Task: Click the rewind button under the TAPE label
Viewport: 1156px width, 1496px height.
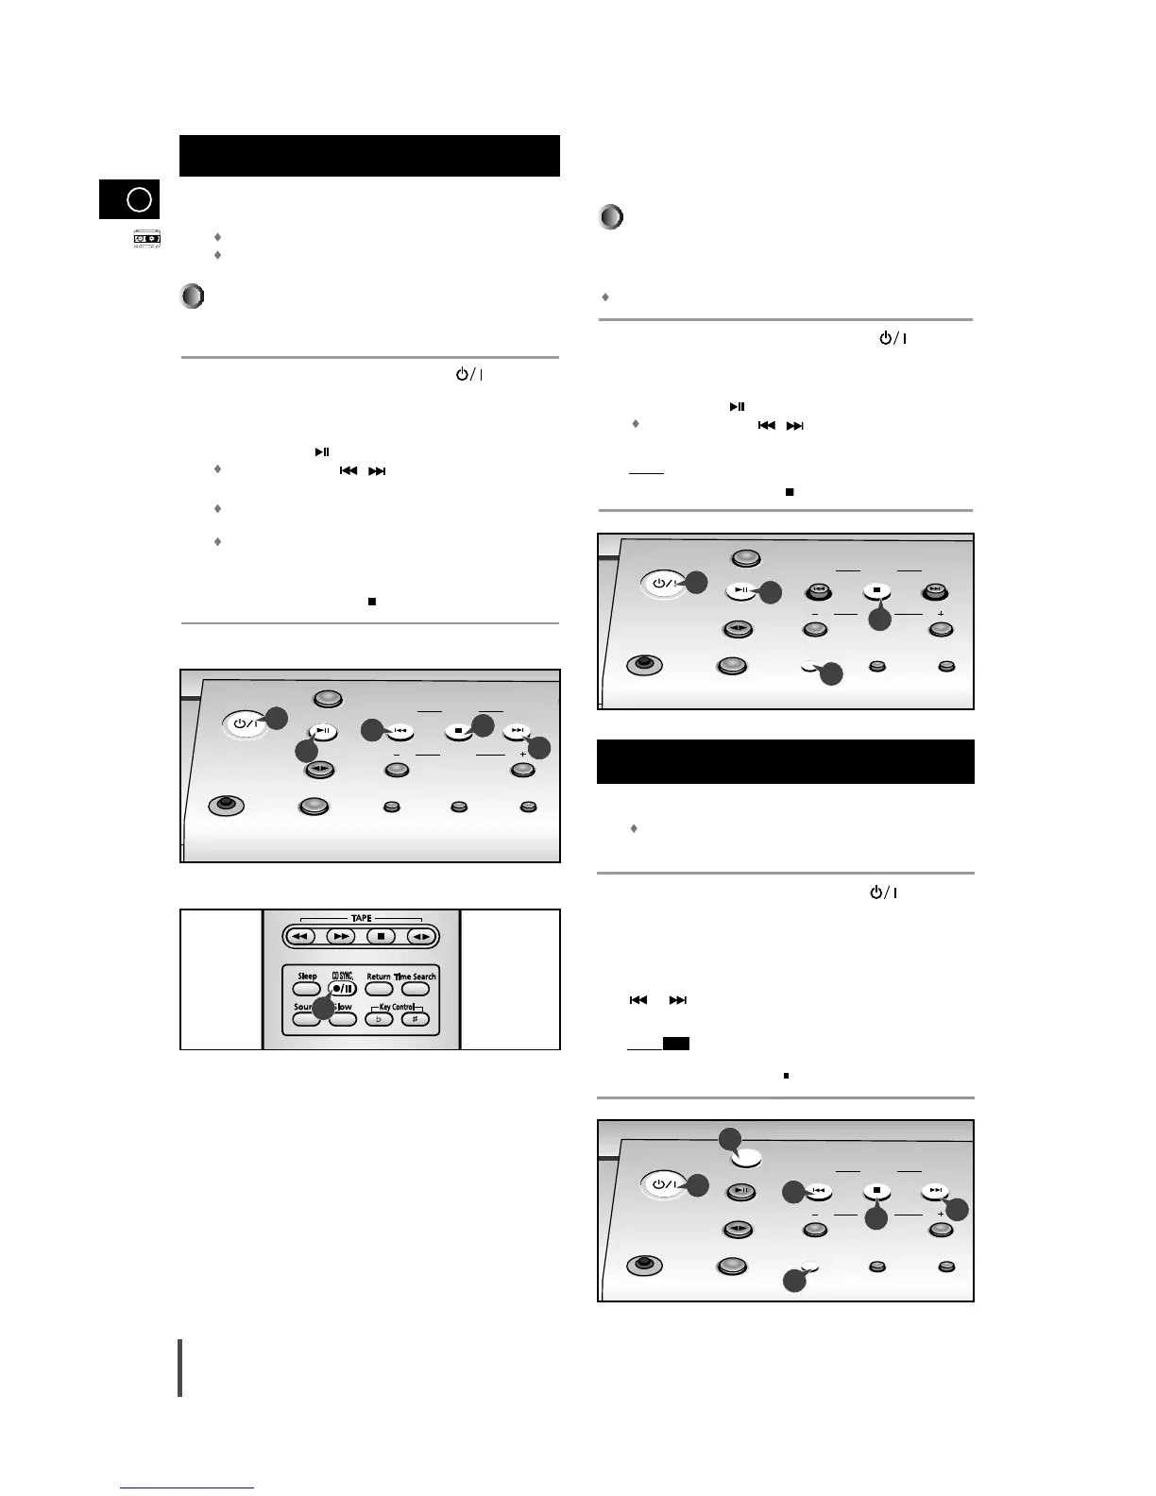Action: (300, 936)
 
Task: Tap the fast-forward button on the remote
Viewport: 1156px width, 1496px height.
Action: (340, 936)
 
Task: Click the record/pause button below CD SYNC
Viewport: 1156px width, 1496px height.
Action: (343, 989)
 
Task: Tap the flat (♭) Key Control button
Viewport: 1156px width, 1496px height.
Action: (379, 1019)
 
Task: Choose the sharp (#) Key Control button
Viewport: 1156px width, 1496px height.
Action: (416, 1019)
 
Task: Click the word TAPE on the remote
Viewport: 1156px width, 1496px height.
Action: (361, 918)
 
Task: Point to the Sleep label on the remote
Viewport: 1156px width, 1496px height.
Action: (307, 976)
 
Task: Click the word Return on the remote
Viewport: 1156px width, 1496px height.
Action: (379, 977)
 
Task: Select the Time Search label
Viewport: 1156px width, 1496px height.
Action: (415, 977)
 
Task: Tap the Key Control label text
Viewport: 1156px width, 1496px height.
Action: (398, 1007)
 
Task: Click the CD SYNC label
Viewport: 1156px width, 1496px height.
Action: (342, 976)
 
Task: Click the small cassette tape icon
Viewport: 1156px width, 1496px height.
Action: (145, 240)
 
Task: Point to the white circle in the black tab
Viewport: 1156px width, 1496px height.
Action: (139, 200)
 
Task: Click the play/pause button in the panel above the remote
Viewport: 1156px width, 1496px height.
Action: (323, 730)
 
